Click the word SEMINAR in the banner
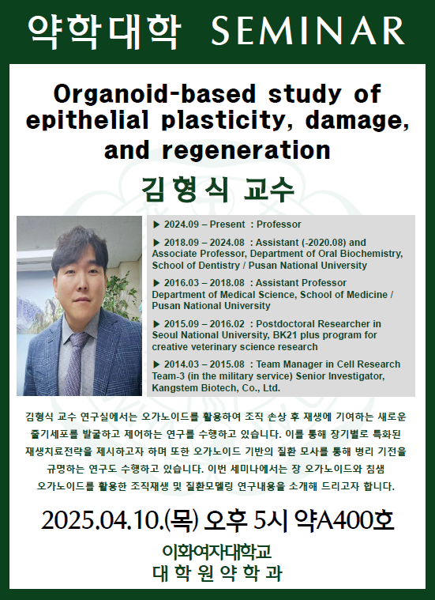click(x=308, y=31)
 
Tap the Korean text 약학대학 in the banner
click(x=104, y=32)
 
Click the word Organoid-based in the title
click(x=154, y=94)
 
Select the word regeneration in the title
click(x=246, y=150)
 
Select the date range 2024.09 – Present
click(x=204, y=225)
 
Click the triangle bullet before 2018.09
click(x=156, y=243)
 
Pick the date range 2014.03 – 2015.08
click(x=204, y=364)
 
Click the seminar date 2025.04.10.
click(x=103, y=521)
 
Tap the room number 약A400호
click(x=343, y=521)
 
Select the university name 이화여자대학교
click(x=217, y=552)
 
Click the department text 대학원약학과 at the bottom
click(x=217, y=573)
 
